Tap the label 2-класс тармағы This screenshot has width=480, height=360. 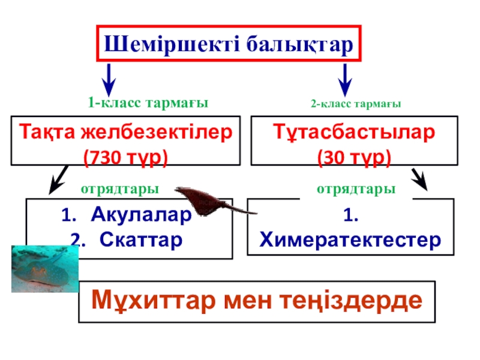(355, 104)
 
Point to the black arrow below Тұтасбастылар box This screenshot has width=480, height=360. (420, 179)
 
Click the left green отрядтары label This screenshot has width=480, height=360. (119, 189)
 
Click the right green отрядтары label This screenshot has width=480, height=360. (356, 189)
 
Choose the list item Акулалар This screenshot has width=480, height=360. (142, 215)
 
